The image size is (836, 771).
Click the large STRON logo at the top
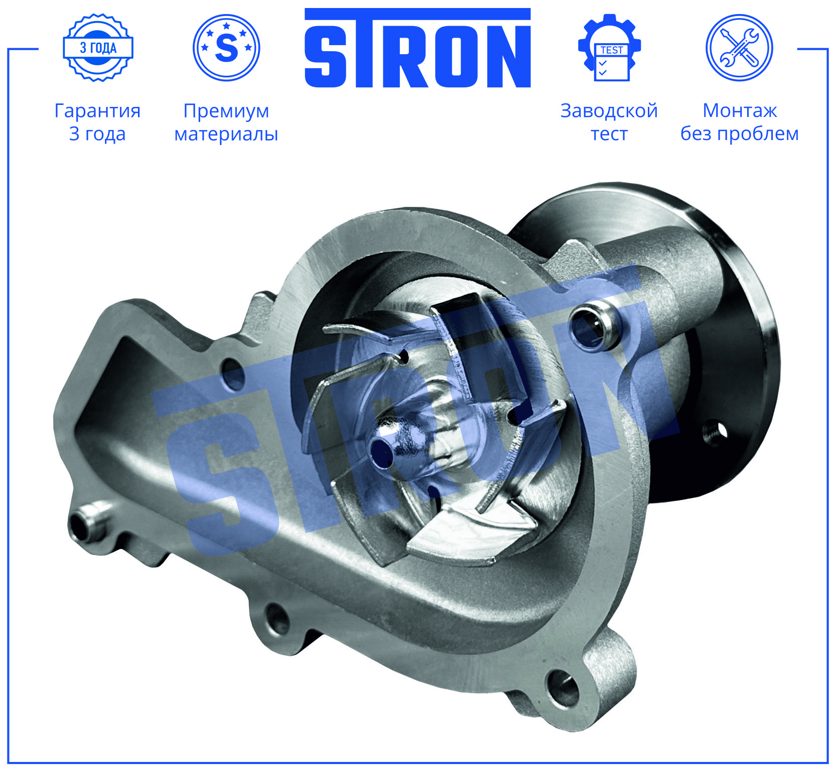coord(417,48)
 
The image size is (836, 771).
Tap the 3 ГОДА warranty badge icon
coord(98,48)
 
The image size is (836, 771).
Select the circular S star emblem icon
coord(226,48)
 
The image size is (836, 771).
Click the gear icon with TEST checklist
coord(610,48)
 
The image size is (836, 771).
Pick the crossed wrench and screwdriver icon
coord(739,48)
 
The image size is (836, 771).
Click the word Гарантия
coord(97,111)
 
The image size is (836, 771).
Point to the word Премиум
coord(226,111)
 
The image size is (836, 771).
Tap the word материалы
coord(226,134)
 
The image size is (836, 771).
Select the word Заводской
coord(609,111)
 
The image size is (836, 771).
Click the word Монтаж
coord(740,110)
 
